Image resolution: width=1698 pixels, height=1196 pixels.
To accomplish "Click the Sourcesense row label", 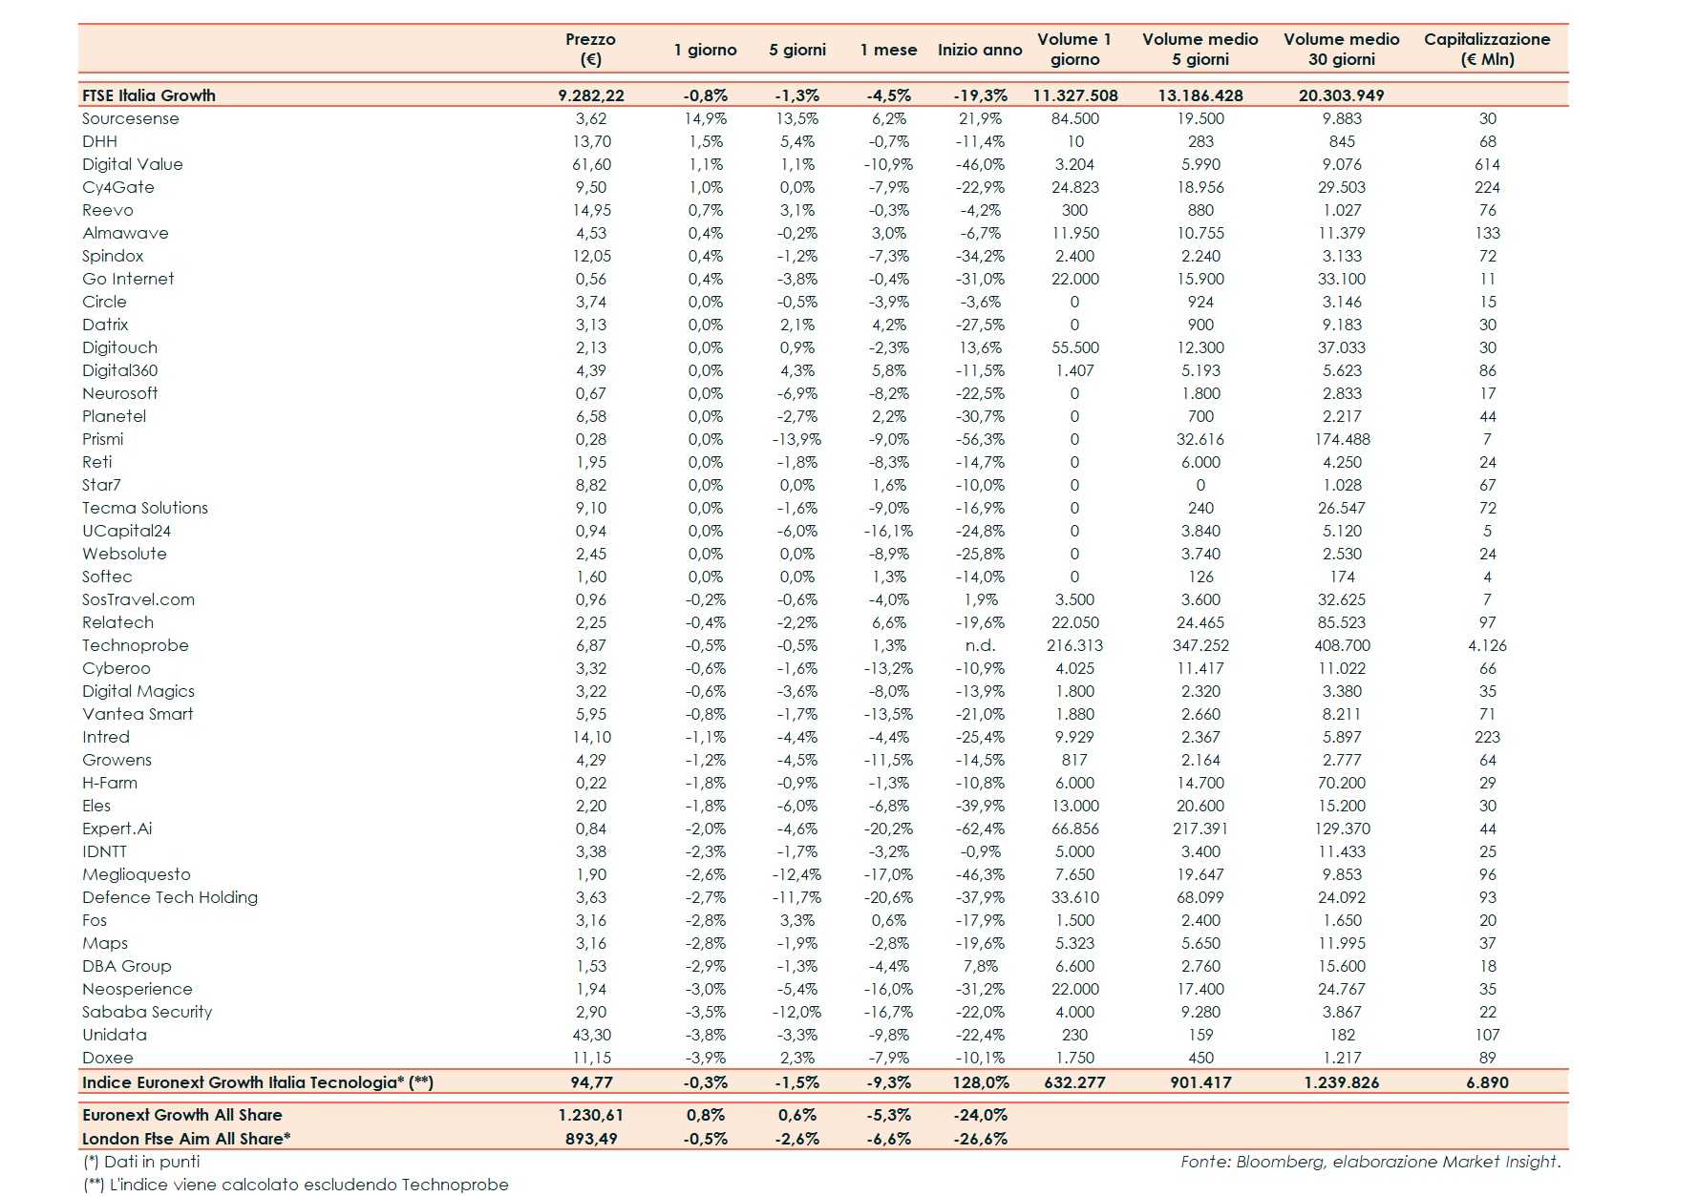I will (x=131, y=118).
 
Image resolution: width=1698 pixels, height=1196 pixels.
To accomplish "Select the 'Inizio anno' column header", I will (x=980, y=50).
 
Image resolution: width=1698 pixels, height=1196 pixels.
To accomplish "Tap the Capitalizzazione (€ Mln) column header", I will (x=1487, y=49).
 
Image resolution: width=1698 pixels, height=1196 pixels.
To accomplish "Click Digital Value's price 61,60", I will (x=591, y=164).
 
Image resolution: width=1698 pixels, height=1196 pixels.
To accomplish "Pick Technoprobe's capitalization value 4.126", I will (x=1487, y=645).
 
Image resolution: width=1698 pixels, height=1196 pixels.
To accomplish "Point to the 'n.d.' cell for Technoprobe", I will (x=980, y=645).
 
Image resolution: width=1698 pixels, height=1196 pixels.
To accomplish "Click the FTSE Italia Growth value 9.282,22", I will (x=591, y=95).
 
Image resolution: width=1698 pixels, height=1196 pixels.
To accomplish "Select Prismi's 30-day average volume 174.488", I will (x=1342, y=439).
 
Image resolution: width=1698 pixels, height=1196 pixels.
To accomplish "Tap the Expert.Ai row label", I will (x=117, y=829).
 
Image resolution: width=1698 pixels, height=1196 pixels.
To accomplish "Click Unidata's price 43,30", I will (x=591, y=1035).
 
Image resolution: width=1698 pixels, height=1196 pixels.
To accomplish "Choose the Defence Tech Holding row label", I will (x=170, y=897).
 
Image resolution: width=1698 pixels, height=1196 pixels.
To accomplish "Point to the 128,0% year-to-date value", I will (x=981, y=1082).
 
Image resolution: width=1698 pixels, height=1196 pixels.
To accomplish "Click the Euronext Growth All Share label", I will (x=182, y=1115).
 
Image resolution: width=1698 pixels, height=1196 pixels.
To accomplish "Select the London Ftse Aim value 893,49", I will (x=591, y=1139).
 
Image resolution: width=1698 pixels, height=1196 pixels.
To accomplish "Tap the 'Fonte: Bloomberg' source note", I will (x=1370, y=1162).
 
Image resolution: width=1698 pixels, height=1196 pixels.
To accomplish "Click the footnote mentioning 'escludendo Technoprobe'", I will (x=296, y=1185).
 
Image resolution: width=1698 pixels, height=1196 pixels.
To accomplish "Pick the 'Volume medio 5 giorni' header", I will (x=1200, y=49).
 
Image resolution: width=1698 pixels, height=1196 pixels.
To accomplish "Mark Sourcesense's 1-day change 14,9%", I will (x=706, y=118).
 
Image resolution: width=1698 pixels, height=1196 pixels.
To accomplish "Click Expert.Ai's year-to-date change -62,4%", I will (x=980, y=829).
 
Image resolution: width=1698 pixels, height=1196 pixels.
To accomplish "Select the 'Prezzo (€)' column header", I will (x=590, y=49).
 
